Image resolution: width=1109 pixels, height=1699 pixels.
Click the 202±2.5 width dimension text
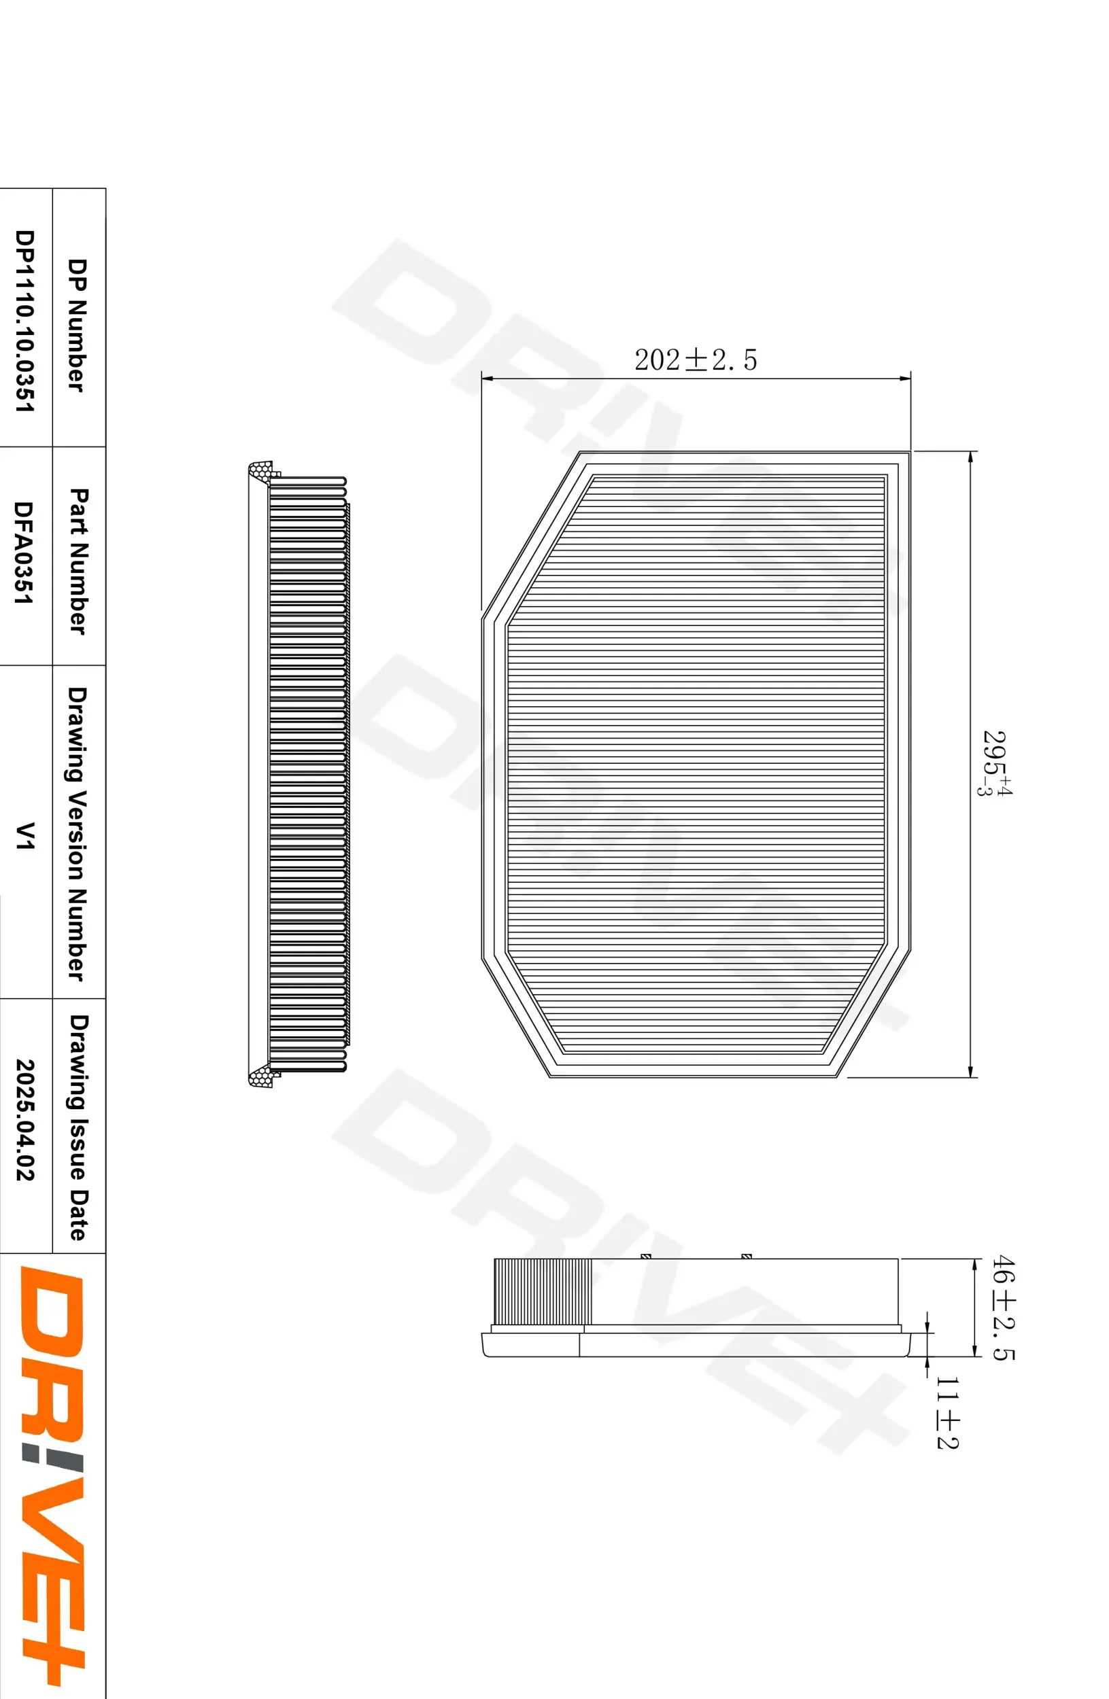695,360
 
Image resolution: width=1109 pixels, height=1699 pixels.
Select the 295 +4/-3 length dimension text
995,763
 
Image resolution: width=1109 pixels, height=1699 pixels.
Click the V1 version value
26,835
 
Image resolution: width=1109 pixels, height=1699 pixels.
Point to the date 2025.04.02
26,1119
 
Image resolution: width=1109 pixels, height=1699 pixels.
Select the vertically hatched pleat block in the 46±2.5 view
542,1291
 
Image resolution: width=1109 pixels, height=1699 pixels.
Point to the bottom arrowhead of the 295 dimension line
970,1071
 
